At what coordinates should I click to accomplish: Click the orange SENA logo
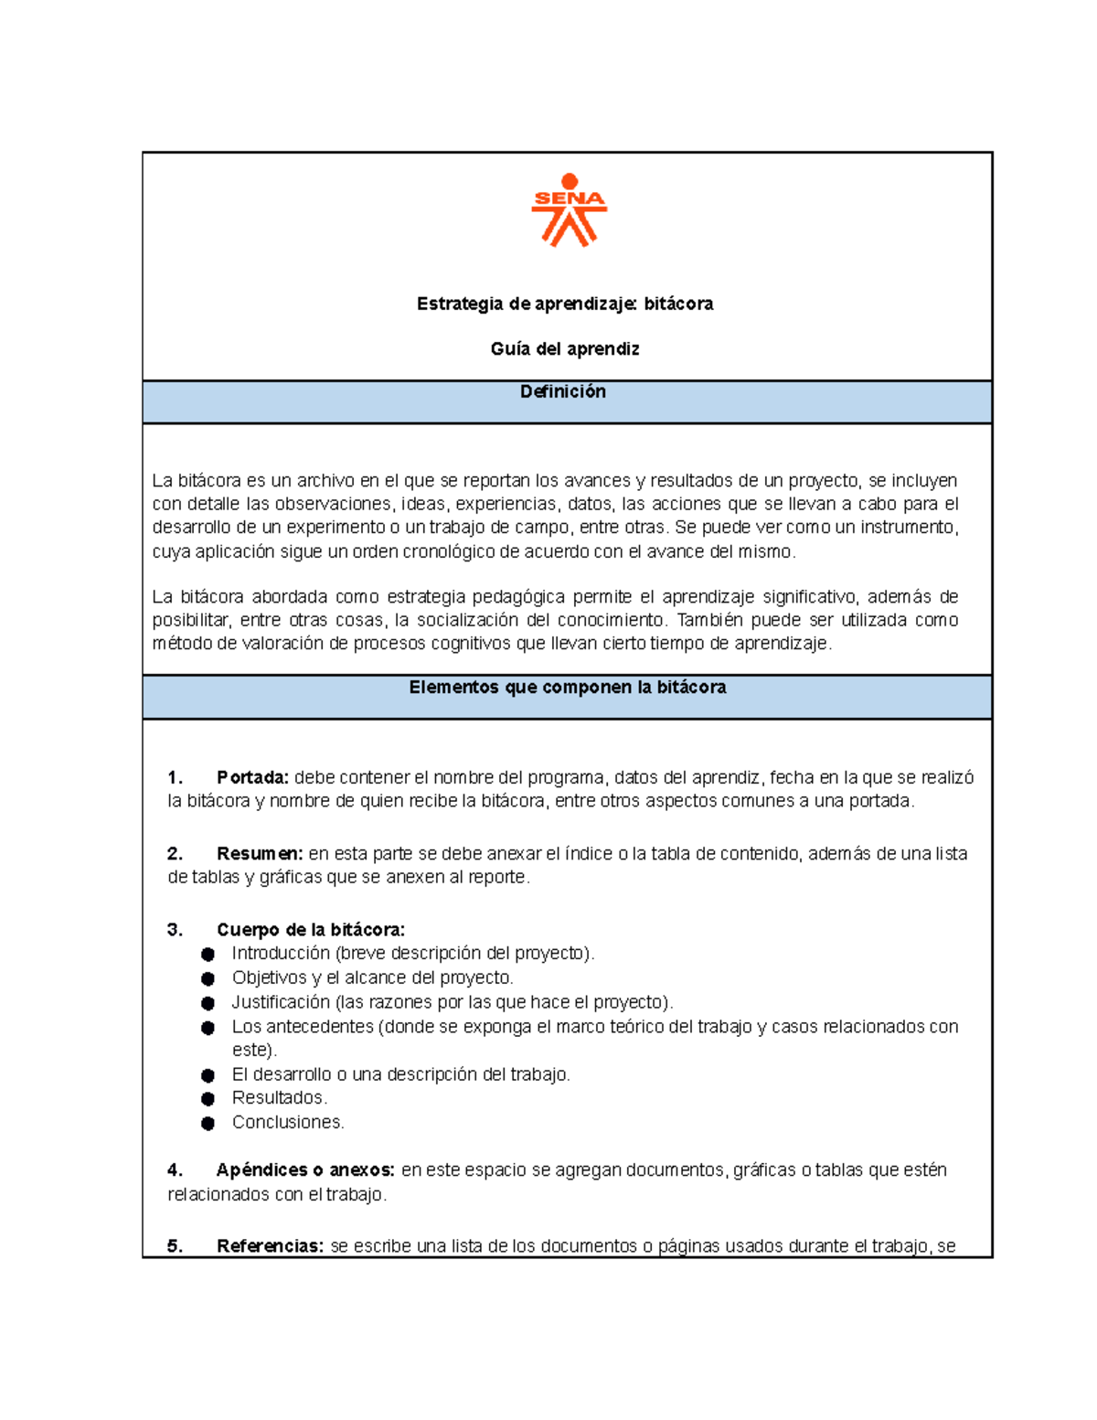569,210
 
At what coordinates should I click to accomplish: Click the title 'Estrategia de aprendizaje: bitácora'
565,304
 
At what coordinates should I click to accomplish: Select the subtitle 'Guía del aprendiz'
565,349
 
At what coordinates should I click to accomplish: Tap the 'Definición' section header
563,391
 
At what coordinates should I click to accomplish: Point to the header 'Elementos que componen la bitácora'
567,688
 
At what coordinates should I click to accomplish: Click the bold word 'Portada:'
252,777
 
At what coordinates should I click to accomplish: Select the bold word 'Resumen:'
260,854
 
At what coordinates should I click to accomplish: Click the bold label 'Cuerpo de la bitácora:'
311,930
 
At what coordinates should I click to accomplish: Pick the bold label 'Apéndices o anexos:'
305,1170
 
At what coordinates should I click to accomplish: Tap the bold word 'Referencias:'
270,1246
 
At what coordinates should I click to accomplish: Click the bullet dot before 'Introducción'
208,955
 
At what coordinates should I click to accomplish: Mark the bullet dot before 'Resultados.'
208,1099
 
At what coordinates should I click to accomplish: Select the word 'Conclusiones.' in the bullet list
288,1122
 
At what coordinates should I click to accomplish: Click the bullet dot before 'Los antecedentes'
208,1028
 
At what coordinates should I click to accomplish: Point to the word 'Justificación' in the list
281,1002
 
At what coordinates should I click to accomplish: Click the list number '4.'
176,1170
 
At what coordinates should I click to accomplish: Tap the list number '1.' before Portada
176,777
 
